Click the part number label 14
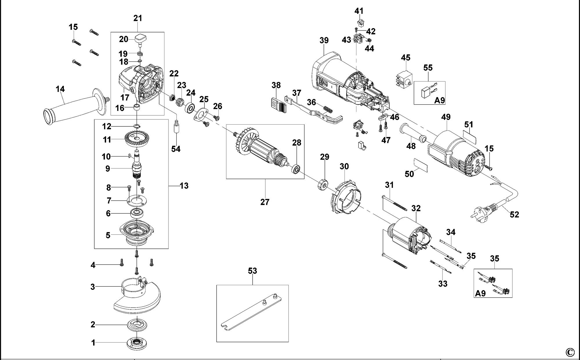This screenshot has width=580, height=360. click(60, 89)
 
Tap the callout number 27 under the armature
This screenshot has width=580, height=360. click(265, 202)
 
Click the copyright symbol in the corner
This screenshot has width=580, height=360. click(570, 352)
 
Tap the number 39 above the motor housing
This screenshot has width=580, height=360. click(324, 41)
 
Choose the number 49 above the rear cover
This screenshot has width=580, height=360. click(446, 117)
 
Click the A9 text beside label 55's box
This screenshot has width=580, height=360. click(439, 100)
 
